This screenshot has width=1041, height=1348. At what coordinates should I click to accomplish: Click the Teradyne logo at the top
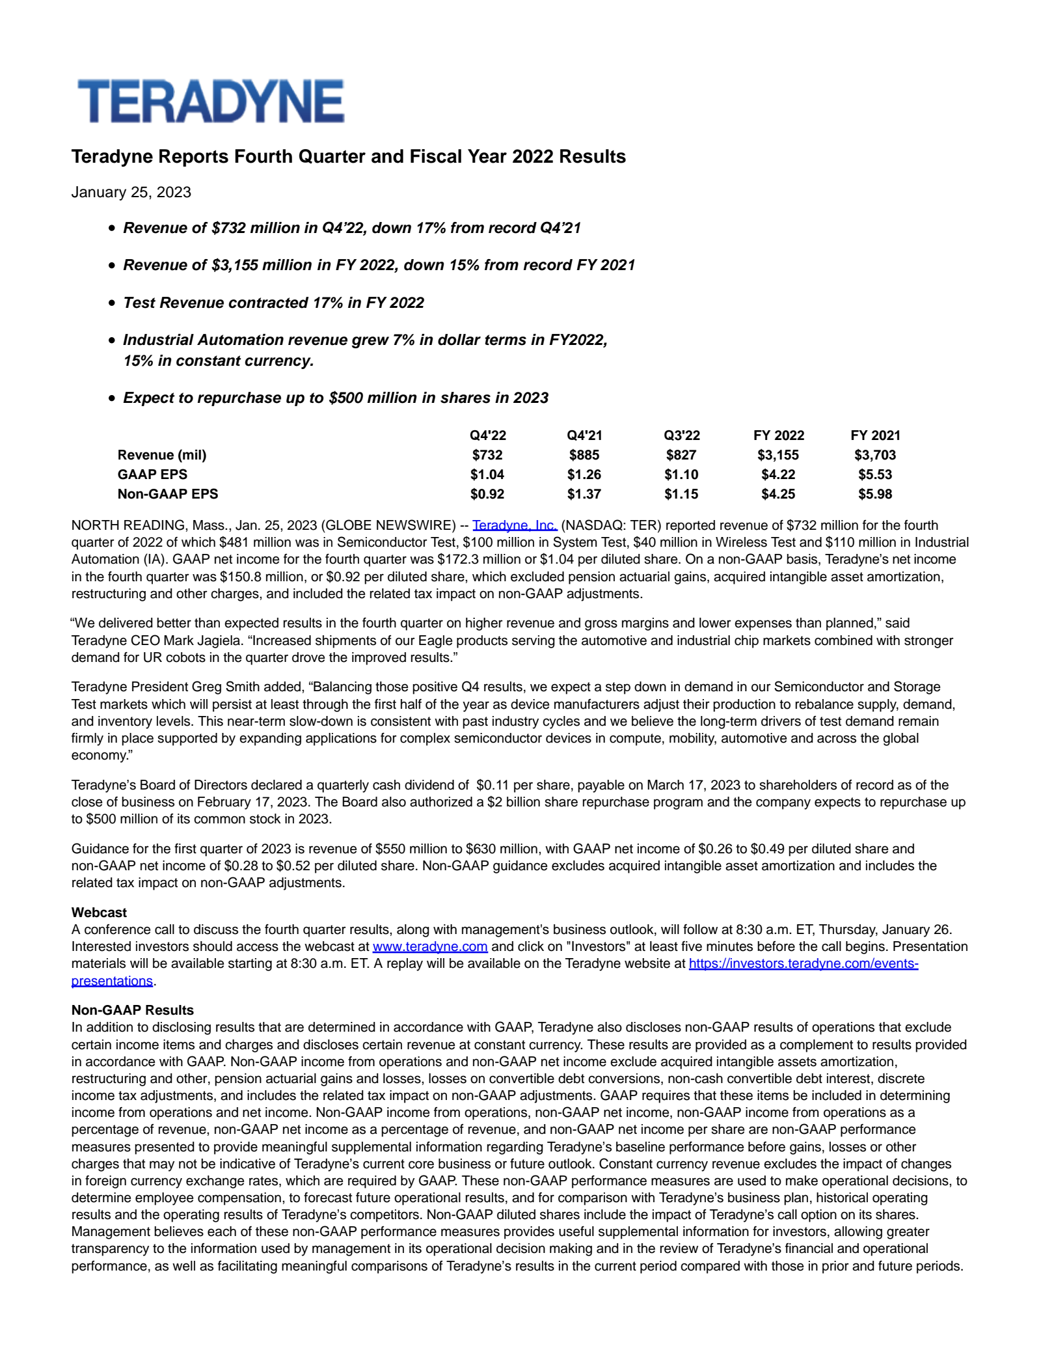(x=211, y=102)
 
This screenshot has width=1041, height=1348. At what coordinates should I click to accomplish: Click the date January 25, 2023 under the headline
(x=131, y=192)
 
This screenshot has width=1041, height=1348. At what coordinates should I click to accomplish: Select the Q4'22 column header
(x=487, y=435)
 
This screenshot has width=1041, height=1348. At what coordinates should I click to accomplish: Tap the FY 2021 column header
(x=875, y=435)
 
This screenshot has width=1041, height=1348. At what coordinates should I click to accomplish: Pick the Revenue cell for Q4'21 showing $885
(x=584, y=455)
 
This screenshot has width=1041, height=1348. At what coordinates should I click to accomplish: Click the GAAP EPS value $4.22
(x=778, y=475)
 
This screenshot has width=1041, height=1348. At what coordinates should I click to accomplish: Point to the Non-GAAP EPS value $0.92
(x=487, y=494)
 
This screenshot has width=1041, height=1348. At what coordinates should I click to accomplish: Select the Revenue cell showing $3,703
(x=875, y=455)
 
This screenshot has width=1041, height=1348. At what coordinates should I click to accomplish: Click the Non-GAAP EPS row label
(x=168, y=494)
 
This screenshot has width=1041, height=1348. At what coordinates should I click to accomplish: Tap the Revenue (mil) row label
(x=162, y=455)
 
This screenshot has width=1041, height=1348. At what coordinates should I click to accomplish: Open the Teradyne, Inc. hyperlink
(x=515, y=525)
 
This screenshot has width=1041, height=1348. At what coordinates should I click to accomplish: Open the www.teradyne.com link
(x=430, y=946)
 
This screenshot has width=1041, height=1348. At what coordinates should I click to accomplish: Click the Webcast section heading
(x=99, y=913)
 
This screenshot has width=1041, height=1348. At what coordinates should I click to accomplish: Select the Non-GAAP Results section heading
(x=133, y=1010)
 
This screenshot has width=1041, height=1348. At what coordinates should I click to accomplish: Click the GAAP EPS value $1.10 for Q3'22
(x=681, y=475)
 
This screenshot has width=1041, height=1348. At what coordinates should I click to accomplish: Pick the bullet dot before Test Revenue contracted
(x=112, y=303)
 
